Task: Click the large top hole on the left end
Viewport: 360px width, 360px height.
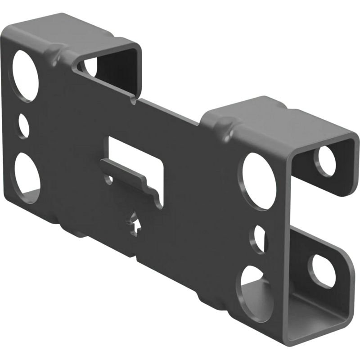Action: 25,75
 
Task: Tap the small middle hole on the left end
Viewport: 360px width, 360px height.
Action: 24,126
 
